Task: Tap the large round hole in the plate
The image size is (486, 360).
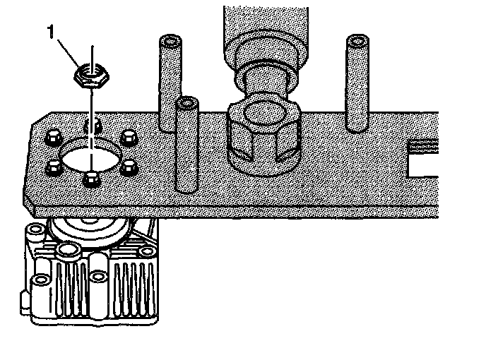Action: pyautogui.click(x=90, y=154)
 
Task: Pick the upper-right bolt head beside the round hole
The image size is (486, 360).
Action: pyautogui.click(x=128, y=135)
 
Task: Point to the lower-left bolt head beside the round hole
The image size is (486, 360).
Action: pyautogui.click(x=54, y=167)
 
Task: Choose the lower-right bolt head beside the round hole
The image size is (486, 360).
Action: pyautogui.click(x=128, y=167)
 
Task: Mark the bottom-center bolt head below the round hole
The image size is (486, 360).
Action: pyautogui.click(x=90, y=179)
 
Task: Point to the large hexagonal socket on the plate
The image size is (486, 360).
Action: pyautogui.click(x=263, y=138)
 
